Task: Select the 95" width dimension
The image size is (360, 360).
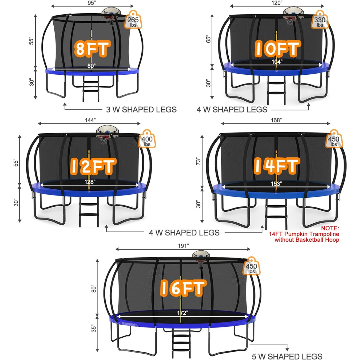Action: (92, 3)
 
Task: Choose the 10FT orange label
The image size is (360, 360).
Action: (277, 48)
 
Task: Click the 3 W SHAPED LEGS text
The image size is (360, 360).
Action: (141, 110)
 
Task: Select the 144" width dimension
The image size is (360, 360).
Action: (90, 120)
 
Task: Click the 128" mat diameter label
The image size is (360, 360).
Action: (90, 182)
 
